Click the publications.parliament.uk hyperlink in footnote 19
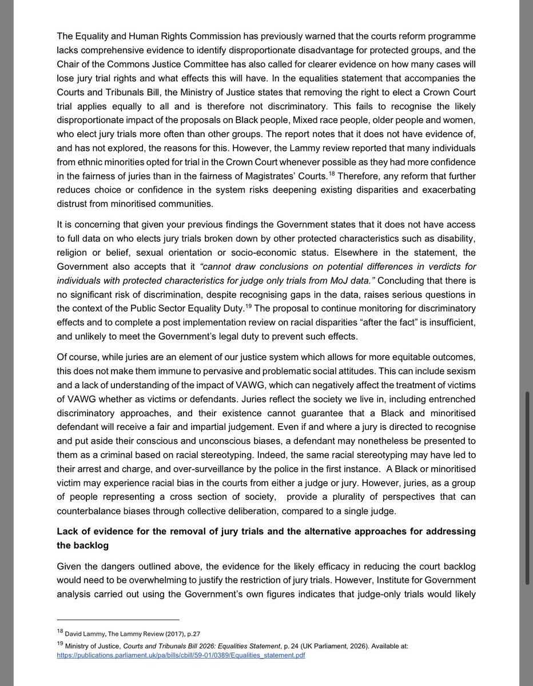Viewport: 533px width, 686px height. tap(181, 655)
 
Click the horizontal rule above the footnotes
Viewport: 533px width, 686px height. tap(118, 619)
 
